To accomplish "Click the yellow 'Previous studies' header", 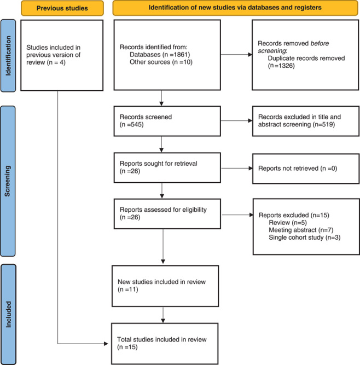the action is click(62, 8).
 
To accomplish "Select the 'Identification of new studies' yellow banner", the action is click(235, 8).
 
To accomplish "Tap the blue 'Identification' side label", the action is click(8, 56).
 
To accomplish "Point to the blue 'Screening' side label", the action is click(8, 181).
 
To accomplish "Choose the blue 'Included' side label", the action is click(8, 314).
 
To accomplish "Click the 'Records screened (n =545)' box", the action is click(167, 121).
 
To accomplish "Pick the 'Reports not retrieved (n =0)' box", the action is click(306, 169).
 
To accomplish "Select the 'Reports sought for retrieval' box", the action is click(167, 167).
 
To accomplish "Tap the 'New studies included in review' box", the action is click(165, 286).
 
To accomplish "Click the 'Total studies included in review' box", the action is click(165, 344).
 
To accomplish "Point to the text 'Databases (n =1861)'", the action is click(160, 55).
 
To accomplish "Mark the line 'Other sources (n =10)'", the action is click(161, 62).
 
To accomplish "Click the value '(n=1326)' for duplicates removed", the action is click(281, 66).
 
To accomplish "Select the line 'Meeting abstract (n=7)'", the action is click(301, 230).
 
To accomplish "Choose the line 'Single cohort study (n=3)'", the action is click(304, 237).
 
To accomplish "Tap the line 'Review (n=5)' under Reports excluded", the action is click(288, 223).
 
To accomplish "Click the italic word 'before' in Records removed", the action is click(320, 43).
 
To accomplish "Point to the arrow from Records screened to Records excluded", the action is click(236, 120).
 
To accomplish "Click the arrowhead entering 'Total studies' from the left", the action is click(106, 344).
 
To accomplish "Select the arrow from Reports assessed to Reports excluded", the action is click(237, 215).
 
